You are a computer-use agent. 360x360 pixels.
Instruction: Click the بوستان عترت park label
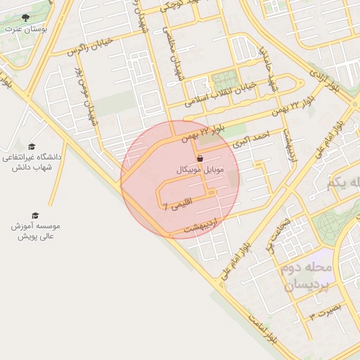(25, 29)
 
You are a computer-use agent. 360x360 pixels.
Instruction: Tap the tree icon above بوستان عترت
(26, 18)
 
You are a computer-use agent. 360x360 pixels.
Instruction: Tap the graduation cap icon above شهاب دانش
(32, 146)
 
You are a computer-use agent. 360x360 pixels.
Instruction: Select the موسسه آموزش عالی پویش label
(36, 231)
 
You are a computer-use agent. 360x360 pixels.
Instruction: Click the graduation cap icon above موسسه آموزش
(35, 215)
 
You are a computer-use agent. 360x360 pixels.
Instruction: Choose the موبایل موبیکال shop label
(199, 171)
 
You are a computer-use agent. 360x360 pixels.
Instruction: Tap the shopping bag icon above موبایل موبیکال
(200, 159)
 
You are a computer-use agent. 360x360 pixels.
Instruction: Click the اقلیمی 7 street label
(176, 206)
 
